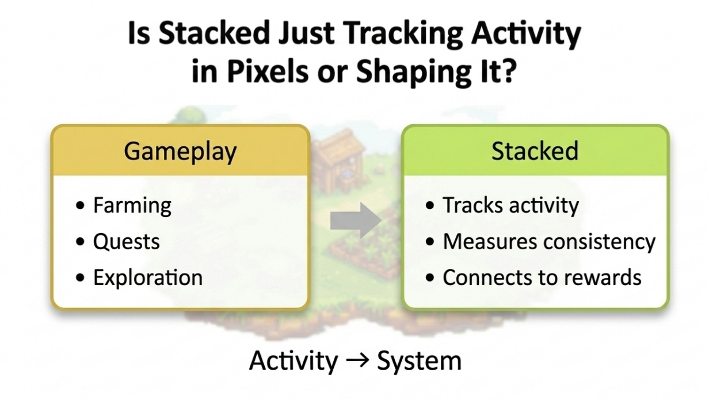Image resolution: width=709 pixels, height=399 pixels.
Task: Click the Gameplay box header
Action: point(180,151)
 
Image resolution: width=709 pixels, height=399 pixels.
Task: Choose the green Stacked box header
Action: point(535,151)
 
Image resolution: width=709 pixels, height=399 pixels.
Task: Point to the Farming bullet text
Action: point(132,206)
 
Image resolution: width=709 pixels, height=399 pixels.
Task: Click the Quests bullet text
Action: point(126,242)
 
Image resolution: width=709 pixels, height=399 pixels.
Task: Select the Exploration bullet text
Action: point(148,278)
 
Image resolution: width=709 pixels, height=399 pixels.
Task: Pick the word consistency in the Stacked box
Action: point(600,242)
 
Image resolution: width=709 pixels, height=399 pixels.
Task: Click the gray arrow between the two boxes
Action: point(356,221)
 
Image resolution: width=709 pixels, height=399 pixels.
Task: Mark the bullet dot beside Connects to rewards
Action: point(430,278)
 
